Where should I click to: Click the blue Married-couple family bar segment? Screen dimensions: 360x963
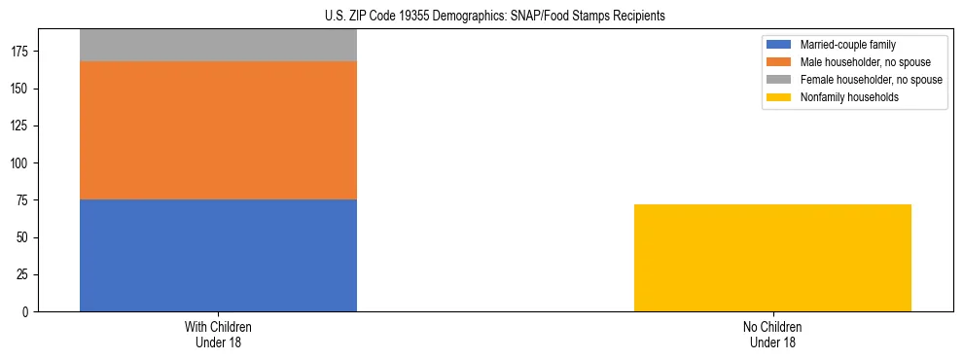pyautogui.click(x=218, y=255)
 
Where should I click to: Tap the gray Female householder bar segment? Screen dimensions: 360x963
pyautogui.click(x=218, y=46)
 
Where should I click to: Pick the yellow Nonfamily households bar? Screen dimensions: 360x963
pyautogui.click(x=772, y=258)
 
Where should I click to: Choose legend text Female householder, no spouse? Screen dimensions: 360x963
pyautogui.click(x=871, y=80)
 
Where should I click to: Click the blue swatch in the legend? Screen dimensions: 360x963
pyautogui.click(x=779, y=45)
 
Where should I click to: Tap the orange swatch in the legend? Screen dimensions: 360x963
pyautogui.click(x=779, y=62)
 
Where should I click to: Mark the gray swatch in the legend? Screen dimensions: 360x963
pyautogui.click(x=779, y=80)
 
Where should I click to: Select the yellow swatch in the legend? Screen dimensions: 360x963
pyautogui.click(x=779, y=97)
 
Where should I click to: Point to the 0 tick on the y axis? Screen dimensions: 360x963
pyautogui.click(x=28, y=312)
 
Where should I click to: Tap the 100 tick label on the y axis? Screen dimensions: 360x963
pyautogui.click(x=22, y=163)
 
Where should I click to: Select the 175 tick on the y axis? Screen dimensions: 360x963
pyautogui.click(x=22, y=52)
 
